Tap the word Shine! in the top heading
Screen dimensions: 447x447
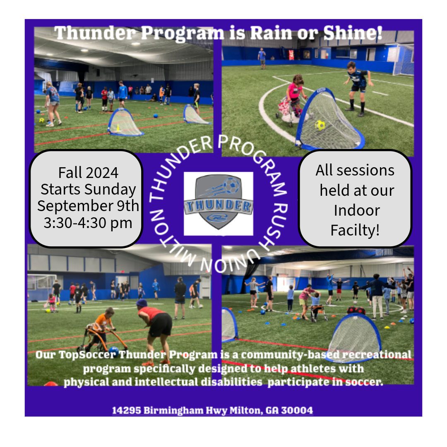click(x=353, y=33)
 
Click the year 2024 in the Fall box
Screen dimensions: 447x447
click(x=102, y=173)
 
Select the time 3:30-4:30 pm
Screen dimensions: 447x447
click(x=88, y=223)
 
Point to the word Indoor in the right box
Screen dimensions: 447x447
click(x=357, y=210)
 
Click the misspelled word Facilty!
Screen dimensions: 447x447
click(x=355, y=231)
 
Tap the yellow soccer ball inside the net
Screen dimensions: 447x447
click(x=320, y=125)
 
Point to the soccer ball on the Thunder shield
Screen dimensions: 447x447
click(x=231, y=186)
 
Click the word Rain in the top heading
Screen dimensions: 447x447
click(x=272, y=33)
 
